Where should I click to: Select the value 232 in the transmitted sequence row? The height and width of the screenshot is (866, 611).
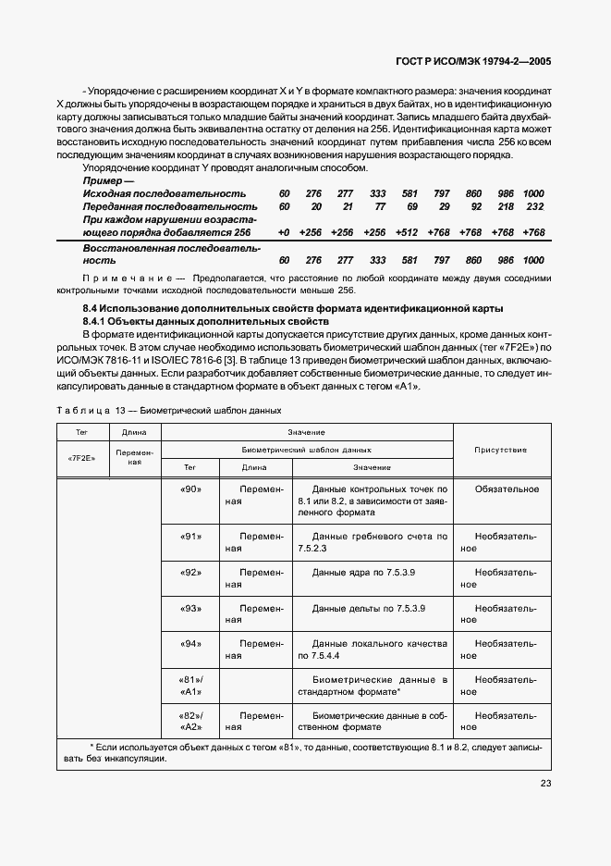pyautogui.click(x=534, y=206)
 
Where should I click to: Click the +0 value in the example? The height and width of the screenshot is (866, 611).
pyautogui.click(x=284, y=232)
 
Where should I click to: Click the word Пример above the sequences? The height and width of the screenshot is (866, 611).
pyautogui.click(x=103, y=180)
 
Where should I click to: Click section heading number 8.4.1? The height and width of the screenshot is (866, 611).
pyautogui.click(x=98, y=319)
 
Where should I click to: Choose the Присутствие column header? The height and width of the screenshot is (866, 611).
pyautogui.click(x=501, y=450)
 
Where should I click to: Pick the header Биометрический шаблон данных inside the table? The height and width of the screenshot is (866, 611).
pyautogui.click(x=306, y=449)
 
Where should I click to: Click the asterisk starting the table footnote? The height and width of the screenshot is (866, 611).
pyautogui.click(x=92, y=747)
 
